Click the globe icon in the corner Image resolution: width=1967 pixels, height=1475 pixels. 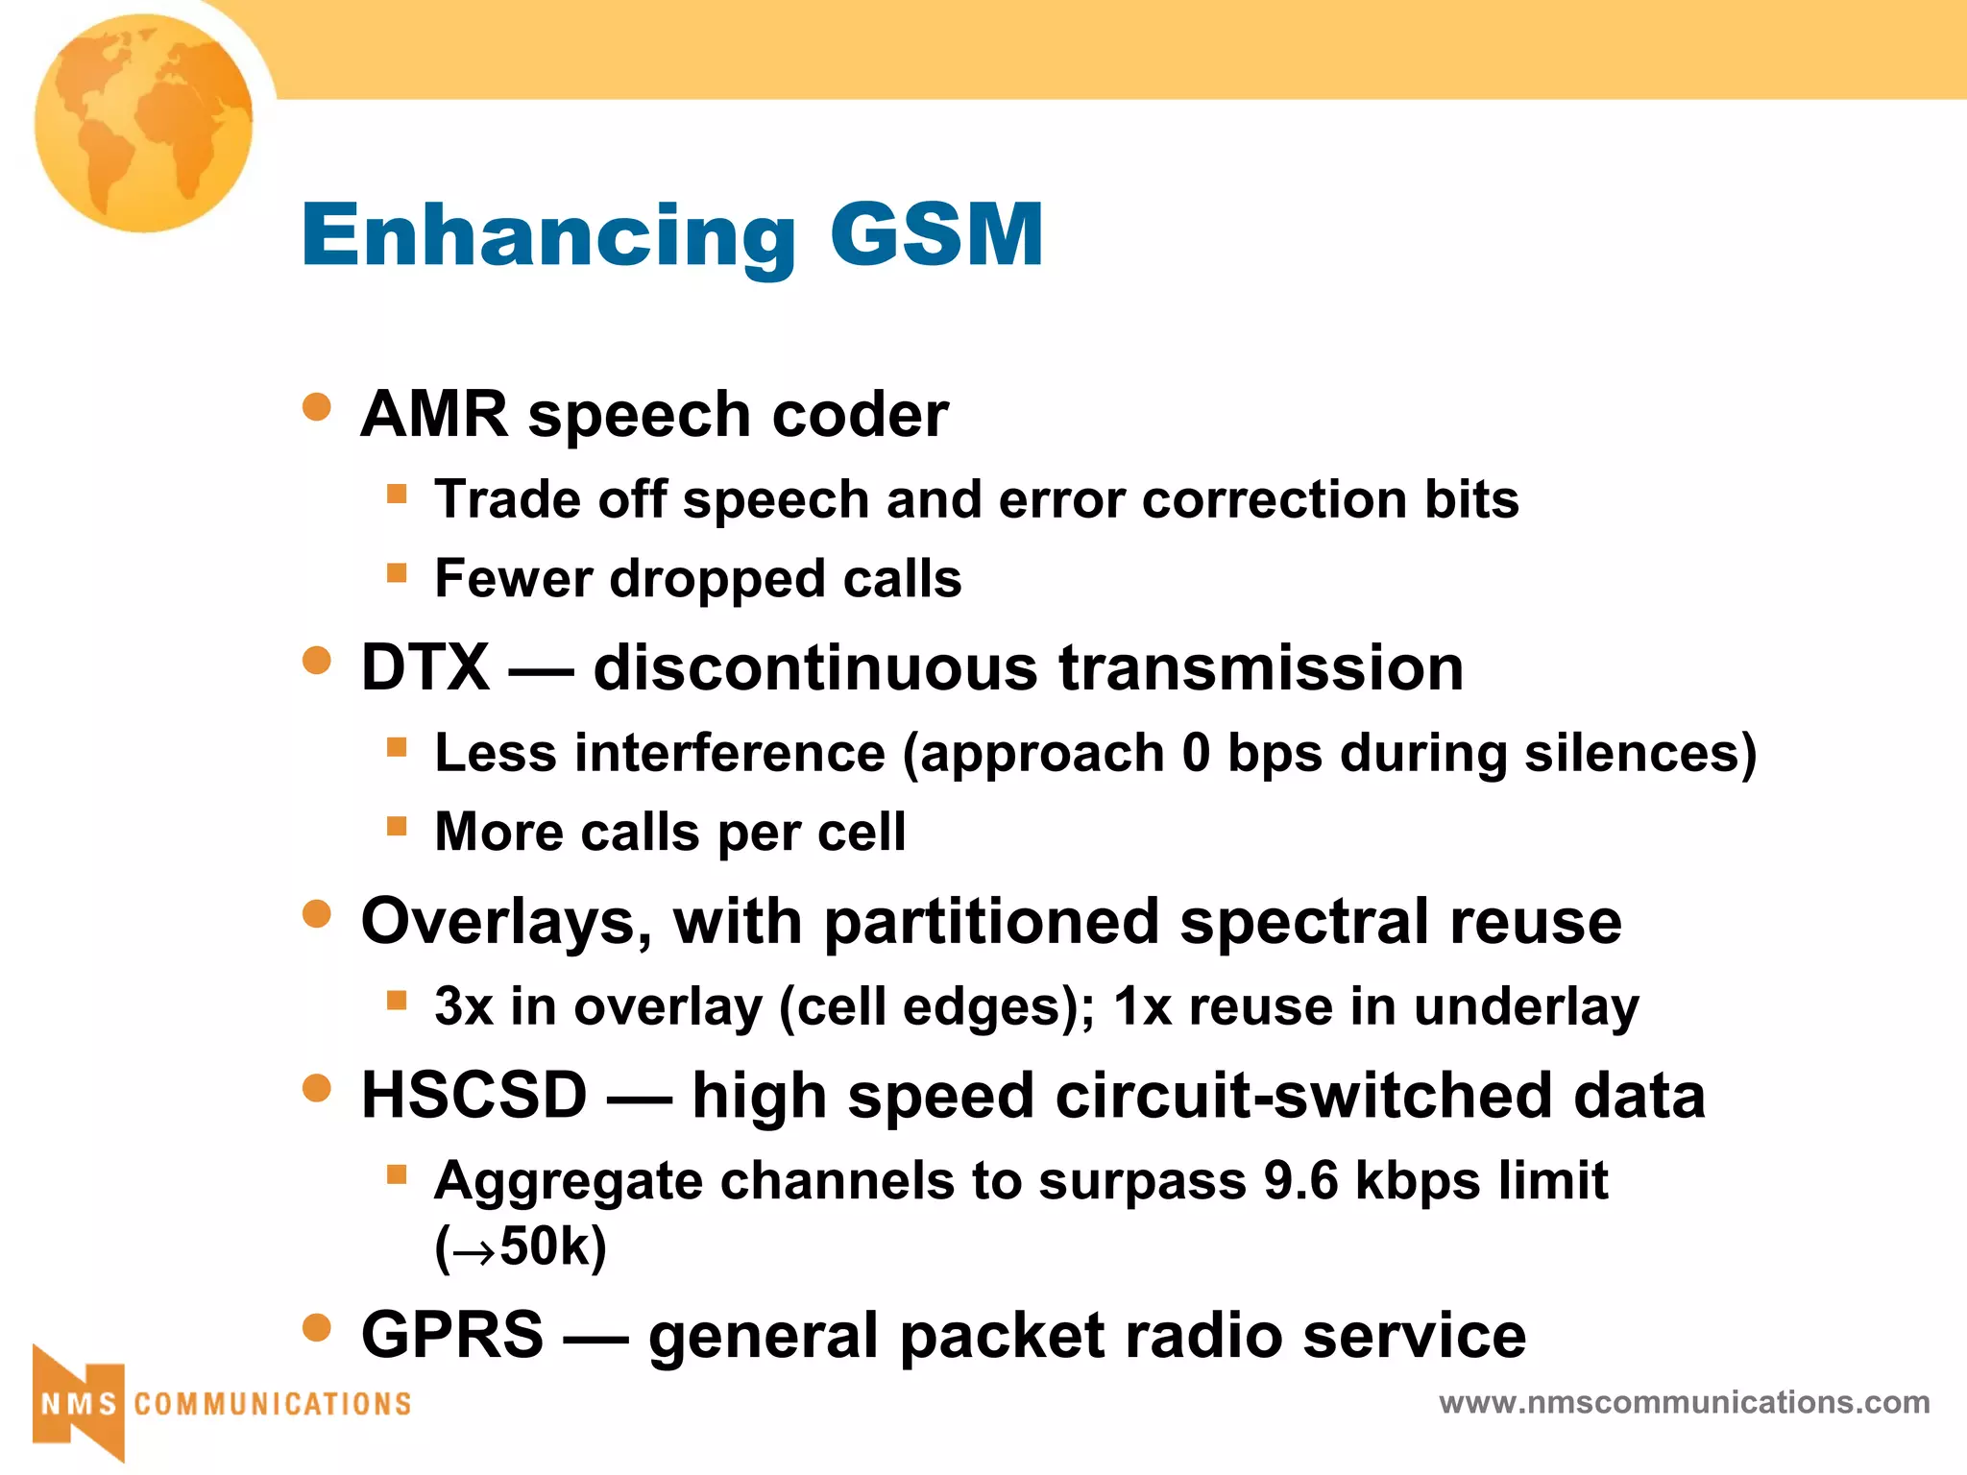(x=144, y=123)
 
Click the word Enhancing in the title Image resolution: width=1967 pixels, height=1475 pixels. (x=548, y=235)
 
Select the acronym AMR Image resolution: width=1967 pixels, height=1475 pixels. (x=434, y=415)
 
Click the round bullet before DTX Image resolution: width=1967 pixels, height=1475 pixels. (x=316, y=661)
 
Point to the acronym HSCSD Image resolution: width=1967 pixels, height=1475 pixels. (x=474, y=1096)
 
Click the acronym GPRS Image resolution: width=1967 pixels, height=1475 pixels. (x=451, y=1335)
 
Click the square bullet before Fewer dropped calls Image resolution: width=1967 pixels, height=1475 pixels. (x=397, y=573)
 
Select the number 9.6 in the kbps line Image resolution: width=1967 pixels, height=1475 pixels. (x=1300, y=1180)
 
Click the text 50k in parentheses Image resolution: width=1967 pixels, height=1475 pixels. (x=544, y=1246)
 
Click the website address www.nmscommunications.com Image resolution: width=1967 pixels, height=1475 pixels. (x=1684, y=1402)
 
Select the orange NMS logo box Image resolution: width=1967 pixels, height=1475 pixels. (x=79, y=1404)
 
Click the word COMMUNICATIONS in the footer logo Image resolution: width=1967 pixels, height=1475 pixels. (x=273, y=1404)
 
